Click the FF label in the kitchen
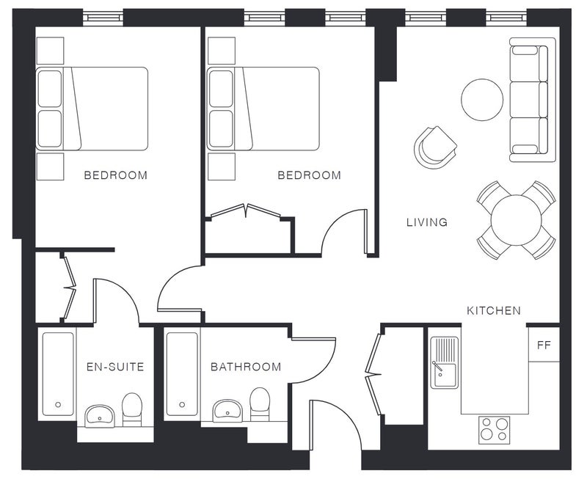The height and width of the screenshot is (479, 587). (x=544, y=345)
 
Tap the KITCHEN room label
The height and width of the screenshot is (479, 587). (x=493, y=310)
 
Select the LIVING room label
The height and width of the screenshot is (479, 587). (x=427, y=222)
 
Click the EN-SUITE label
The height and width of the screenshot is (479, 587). (x=115, y=367)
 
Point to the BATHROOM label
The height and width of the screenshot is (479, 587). (x=246, y=367)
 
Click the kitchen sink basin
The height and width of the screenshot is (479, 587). (x=445, y=362)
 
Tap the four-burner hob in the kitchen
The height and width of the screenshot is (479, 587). (x=494, y=429)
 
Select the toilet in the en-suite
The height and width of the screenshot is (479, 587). (x=132, y=409)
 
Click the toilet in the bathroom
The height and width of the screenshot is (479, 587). (x=260, y=404)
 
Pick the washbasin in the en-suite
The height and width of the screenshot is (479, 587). (x=100, y=416)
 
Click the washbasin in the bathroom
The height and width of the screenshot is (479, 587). (x=227, y=411)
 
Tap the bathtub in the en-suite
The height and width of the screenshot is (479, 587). (x=58, y=374)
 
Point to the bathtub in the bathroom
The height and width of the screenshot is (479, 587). (x=182, y=374)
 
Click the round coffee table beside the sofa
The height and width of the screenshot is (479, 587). (x=482, y=100)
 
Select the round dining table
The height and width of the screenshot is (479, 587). (x=516, y=220)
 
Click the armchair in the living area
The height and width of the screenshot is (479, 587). (x=434, y=147)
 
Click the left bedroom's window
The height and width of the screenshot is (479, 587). (x=103, y=17)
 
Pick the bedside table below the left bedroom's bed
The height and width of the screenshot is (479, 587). (x=50, y=167)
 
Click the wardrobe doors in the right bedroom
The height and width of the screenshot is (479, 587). (x=246, y=211)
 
